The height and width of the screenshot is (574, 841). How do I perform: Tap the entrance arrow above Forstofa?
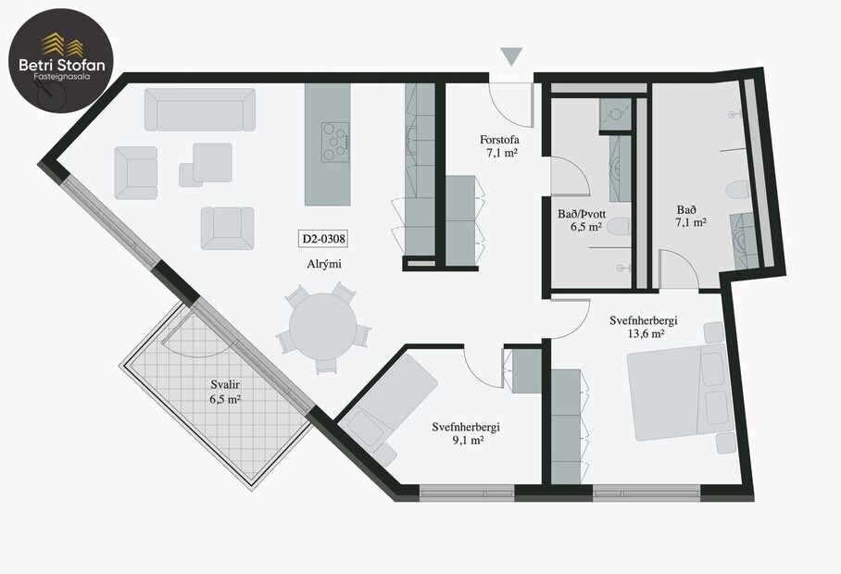[511, 56]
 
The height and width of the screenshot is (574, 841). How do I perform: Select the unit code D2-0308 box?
[322, 238]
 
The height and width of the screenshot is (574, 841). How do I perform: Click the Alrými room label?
[323, 264]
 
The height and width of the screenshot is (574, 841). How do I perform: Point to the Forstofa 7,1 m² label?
[500, 146]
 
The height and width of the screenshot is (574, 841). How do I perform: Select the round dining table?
[322, 327]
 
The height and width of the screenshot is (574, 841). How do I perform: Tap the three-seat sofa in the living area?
[199, 109]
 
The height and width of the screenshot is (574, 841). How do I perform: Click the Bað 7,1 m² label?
[691, 216]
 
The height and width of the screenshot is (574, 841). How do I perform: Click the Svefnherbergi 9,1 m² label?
[466, 433]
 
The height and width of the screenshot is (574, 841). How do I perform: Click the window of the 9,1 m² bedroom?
[466, 493]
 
